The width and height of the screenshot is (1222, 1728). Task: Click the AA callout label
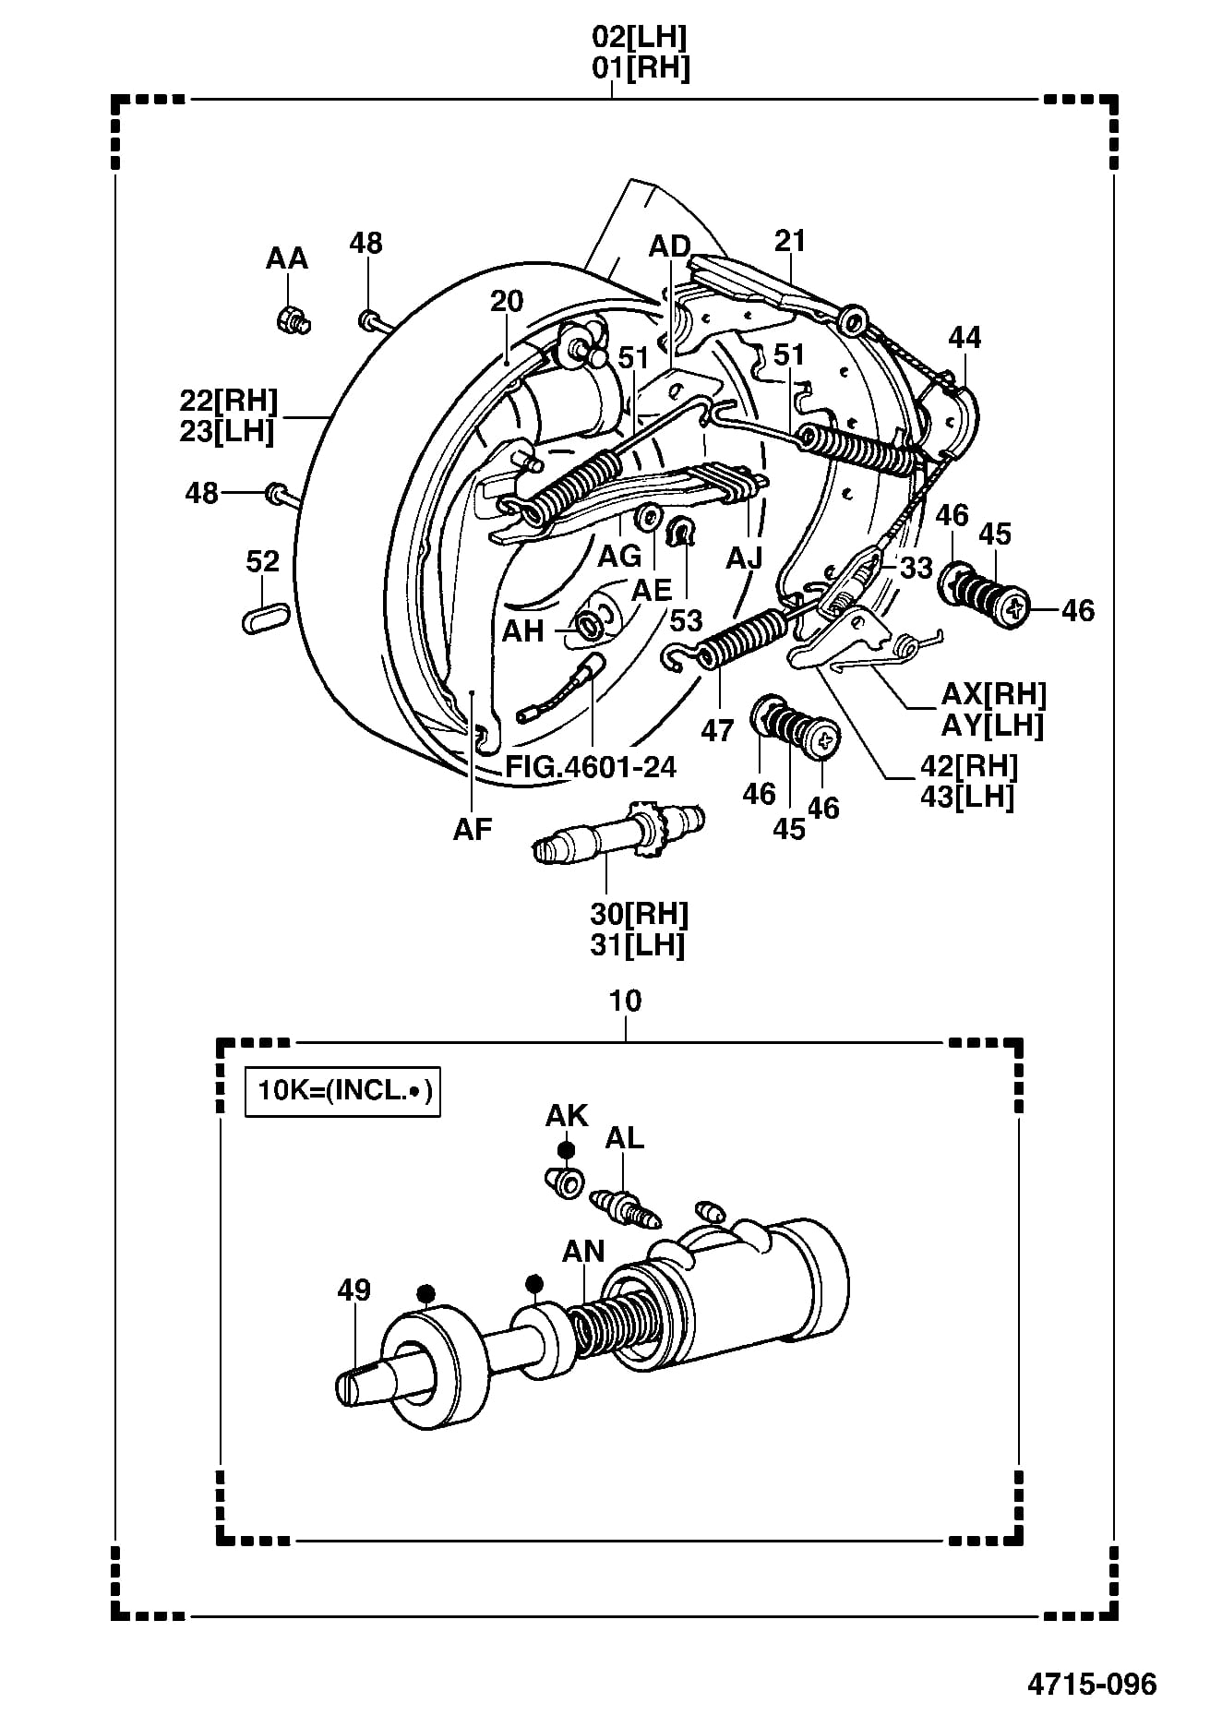pos(286,258)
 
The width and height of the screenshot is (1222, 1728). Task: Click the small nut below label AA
pos(294,319)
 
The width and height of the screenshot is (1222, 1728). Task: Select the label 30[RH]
pos(640,914)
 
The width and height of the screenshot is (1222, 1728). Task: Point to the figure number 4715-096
pos(1092,1684)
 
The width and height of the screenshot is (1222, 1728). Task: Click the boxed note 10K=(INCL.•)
pos(342,1091)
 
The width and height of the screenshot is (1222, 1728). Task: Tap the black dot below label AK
pos(566,1150)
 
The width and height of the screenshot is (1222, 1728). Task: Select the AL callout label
pos(624,1138)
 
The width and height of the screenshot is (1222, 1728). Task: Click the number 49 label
pos(353,1290)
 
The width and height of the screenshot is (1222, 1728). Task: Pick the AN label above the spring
pos(583,1251)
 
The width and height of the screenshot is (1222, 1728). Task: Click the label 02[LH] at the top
pos(641,37)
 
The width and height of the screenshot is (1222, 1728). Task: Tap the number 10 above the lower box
pos(625,1001)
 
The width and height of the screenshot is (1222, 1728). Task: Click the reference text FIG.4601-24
pos(591,766)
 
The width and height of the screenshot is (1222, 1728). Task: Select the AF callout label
pos(473,829)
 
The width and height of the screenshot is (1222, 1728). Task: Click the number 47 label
pos(717,730)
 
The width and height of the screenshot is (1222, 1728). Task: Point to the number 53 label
pos(686,620)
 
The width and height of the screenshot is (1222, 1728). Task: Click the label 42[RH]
pos(969,765)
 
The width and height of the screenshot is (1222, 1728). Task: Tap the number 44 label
pos(965,338)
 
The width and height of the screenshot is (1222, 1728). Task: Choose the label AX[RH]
pos(994,694)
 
